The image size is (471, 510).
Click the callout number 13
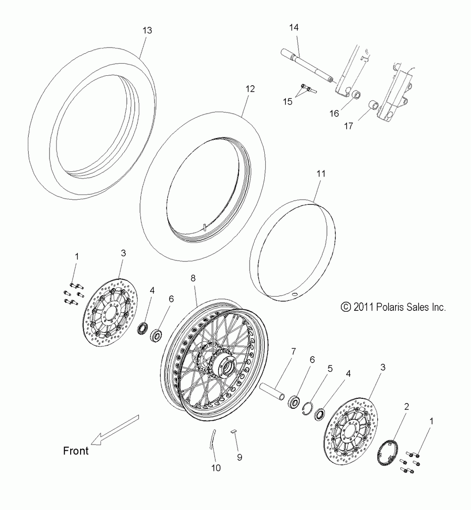tap(147, 31)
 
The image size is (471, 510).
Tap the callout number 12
tap(250, 89)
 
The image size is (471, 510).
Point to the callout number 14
tap(294, 28)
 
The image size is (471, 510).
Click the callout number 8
tap(193, 278)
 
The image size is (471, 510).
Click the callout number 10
tap(216, 468)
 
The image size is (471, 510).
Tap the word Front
tap(76, 451)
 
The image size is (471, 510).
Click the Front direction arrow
tap(115, 429)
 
